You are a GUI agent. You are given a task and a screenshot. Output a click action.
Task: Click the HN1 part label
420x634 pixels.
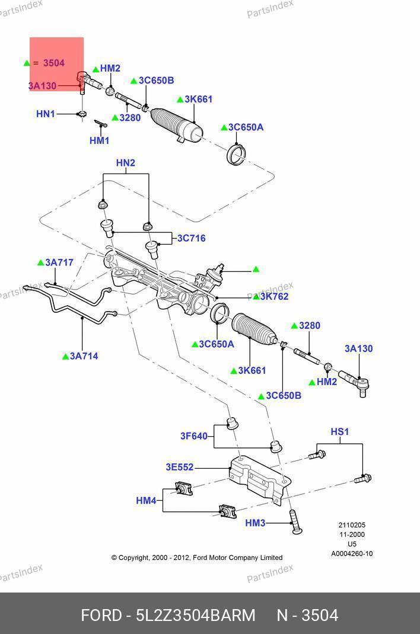click(x=46, y=114)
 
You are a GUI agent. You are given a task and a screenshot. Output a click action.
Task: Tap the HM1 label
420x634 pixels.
click(x=99, y=140)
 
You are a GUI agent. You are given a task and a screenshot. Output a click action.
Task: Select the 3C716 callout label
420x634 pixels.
click(x=191, y=238)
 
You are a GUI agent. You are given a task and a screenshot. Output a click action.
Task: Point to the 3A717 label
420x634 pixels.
click(x=59, y=262)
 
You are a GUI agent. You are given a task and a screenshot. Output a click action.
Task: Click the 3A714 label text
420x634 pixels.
click(x=84, y=356)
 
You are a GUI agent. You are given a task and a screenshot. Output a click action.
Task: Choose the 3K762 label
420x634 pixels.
click(x=274, y=296)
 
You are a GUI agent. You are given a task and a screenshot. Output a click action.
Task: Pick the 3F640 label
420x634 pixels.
click(x=194, y=436)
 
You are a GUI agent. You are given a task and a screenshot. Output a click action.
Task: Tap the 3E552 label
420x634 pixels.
click(x=179, y=467)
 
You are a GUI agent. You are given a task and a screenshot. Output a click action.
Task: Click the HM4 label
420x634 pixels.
click(x=146, y=501)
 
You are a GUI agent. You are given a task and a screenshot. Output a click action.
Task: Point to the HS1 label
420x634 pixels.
click(x=340, y=432)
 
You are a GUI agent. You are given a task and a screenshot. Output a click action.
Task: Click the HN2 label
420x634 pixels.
click(x=125, y=163)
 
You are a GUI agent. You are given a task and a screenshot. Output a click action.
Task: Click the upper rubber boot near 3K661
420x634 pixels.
click(x=176, y=125)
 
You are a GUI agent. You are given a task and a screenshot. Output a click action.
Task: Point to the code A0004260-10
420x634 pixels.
click(x=352, y=554)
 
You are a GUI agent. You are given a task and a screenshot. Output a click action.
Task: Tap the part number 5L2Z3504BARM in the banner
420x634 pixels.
click(x=196, y=615)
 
